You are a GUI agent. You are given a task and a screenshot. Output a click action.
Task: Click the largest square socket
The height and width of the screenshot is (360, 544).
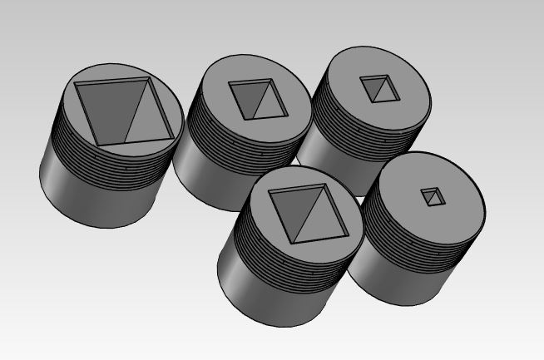click(x=125, y=111)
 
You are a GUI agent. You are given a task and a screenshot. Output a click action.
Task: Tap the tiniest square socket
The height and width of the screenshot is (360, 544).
click(x=432, y=197)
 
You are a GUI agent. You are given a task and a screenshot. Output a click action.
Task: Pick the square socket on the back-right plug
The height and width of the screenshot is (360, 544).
click(x=378, y=88)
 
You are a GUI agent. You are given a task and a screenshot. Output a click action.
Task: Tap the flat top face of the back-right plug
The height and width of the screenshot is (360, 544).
click(x=408, y=100)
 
